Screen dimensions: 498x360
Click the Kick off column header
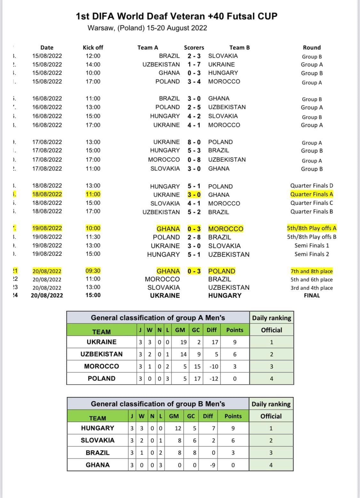pos(93,47)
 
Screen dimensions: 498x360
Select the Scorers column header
pos(194,47)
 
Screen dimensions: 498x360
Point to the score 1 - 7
pos(194,64)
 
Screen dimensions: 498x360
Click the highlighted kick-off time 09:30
pos(93,271)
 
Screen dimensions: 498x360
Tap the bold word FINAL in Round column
pos(312,295)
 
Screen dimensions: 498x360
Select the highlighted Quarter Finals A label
pos(312,194)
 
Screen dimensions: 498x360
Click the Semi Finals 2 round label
pos(312,254)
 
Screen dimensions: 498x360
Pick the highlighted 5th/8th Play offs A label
pos(312,228)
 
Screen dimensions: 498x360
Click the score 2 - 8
pos(194,237)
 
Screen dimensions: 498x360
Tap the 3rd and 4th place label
pos(312,288)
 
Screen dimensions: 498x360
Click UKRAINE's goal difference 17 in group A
pos(215,342)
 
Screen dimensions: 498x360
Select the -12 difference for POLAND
pos(213,379)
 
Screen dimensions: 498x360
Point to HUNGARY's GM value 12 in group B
pos(178,428)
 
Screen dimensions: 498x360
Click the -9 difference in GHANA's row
pos(212,465)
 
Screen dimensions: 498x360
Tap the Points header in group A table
pos(235,330)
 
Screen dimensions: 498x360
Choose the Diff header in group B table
pos(208,416)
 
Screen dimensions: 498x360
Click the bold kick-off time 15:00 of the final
pos(93,295)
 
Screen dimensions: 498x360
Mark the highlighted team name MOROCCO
pos(226,229)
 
